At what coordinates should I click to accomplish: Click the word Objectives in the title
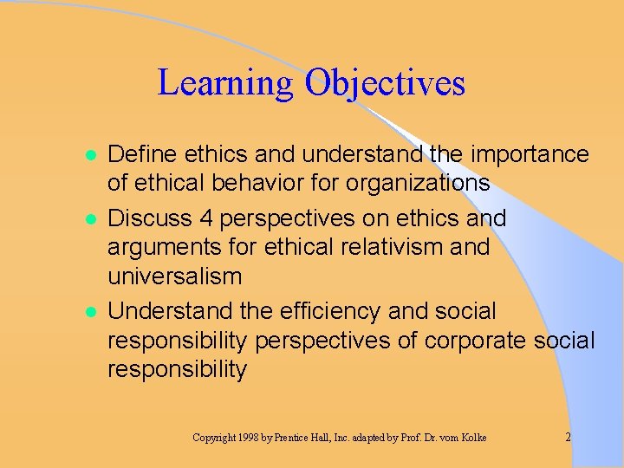385,83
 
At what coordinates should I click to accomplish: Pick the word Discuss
145,217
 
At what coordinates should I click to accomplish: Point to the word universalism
174,276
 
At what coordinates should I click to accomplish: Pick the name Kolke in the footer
472,438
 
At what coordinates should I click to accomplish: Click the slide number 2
568,438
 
